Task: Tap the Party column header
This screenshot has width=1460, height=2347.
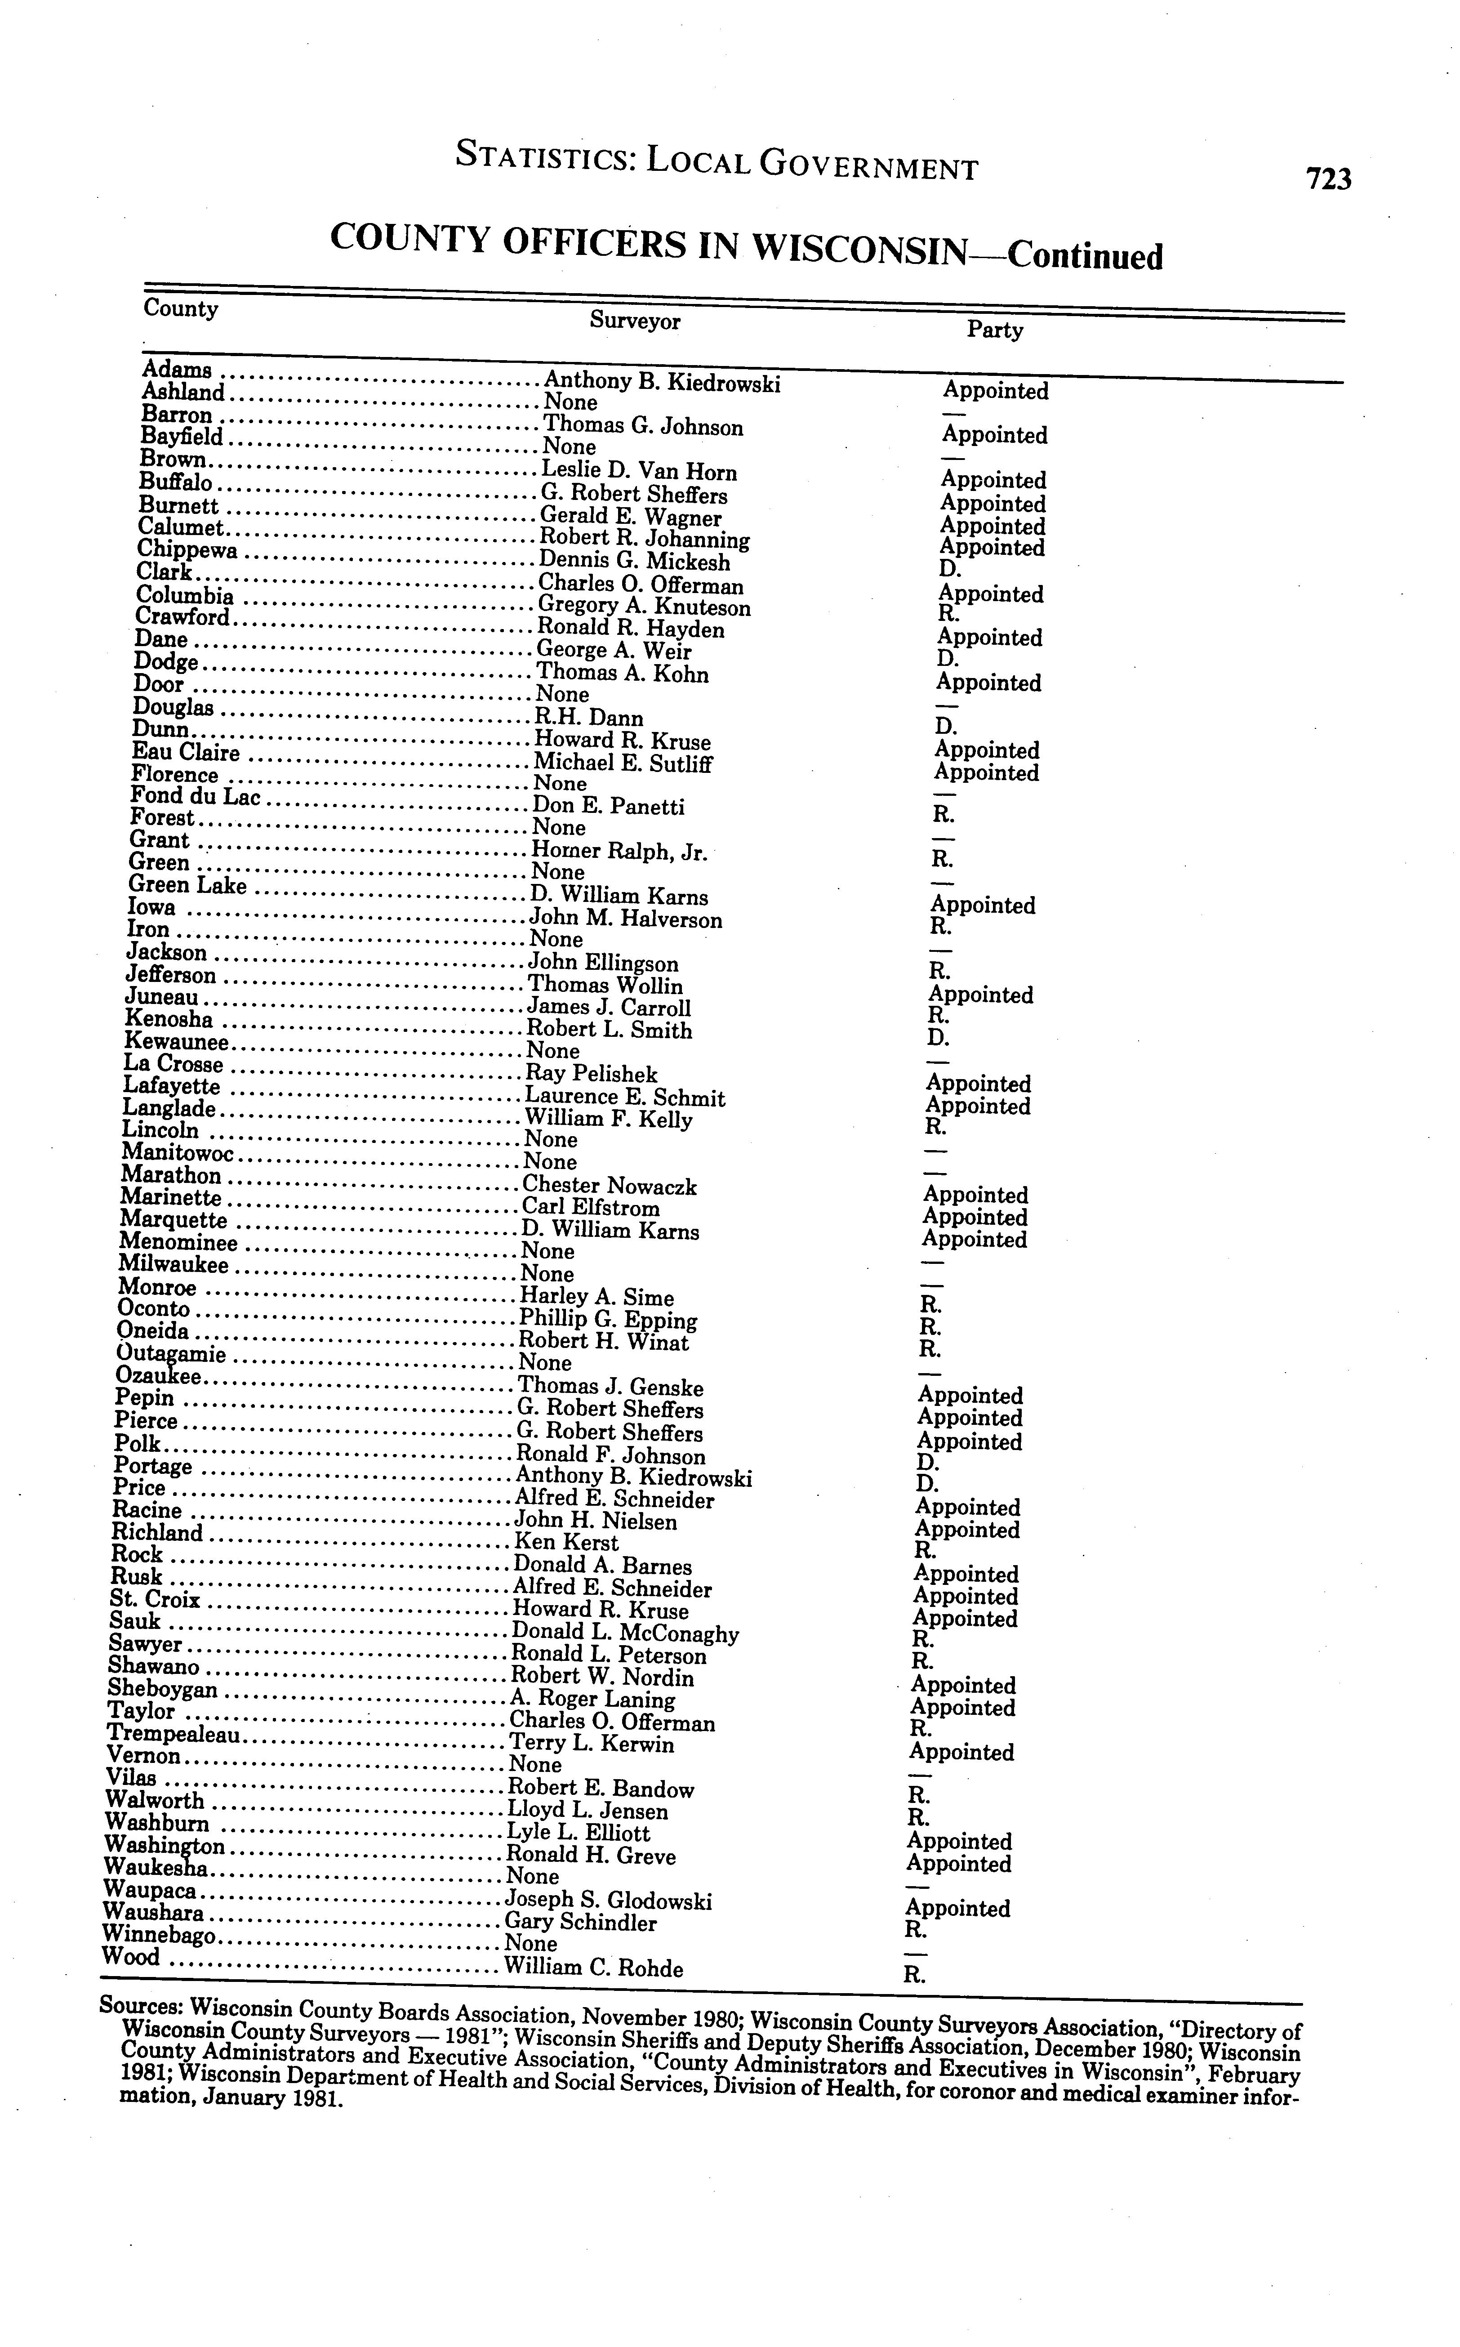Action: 995,330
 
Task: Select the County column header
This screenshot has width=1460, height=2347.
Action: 181,309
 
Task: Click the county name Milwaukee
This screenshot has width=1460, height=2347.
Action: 174,1265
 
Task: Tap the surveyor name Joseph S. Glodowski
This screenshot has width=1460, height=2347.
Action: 609,1901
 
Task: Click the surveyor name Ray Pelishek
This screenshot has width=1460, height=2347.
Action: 591,1074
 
